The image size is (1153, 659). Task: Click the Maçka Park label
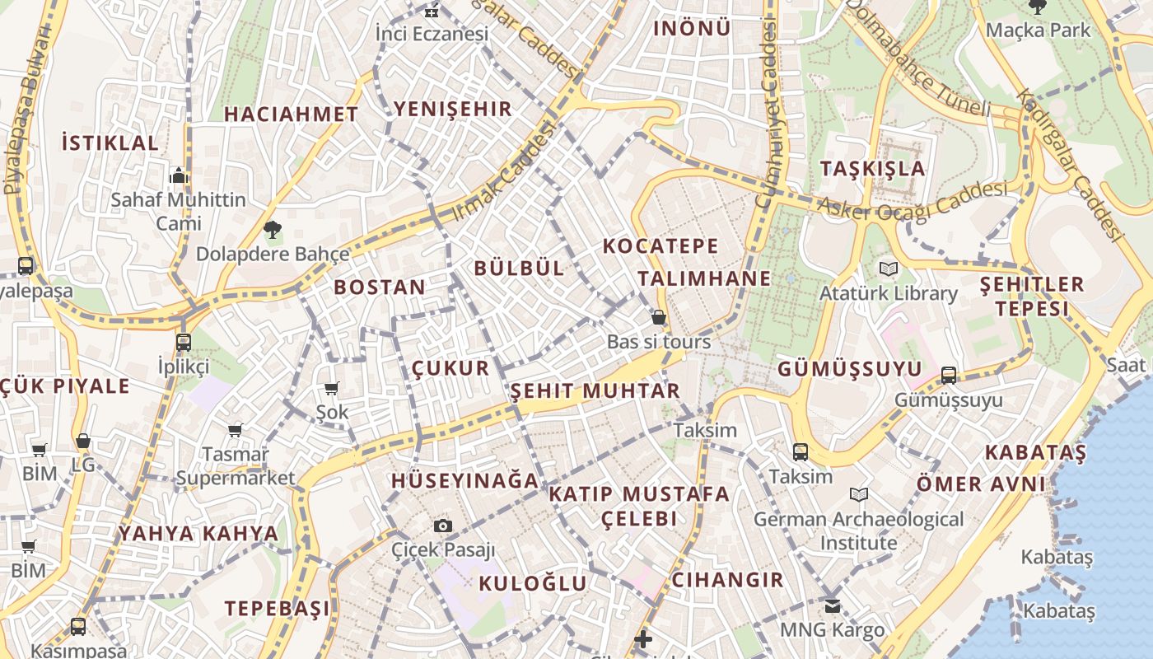tap(1038, 30)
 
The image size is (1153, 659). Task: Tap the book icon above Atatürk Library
tap(888, 269)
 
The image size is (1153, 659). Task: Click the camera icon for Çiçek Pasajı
tap(443, 526)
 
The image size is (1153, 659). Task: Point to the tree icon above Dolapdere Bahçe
tap(272, 229)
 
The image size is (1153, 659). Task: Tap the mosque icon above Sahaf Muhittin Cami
tap(179, 175)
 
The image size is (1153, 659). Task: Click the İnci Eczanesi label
tap(432, 34)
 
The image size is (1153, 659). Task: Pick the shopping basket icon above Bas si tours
tap(658, 317)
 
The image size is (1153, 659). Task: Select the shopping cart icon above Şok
tap(331, 388)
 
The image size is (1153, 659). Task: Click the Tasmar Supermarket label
tap(236, 466)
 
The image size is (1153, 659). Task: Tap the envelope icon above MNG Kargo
tap(833, 606)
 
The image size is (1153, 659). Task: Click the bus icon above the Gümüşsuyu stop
tap(949, 376)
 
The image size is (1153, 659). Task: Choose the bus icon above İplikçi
tap(183, 342)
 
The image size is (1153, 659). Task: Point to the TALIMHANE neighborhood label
tap(704, 278)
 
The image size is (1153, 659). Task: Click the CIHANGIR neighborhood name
tap(727, 579)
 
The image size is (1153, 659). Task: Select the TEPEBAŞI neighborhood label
tap(277, 609)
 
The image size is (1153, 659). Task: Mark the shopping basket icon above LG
tap(82, 442)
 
